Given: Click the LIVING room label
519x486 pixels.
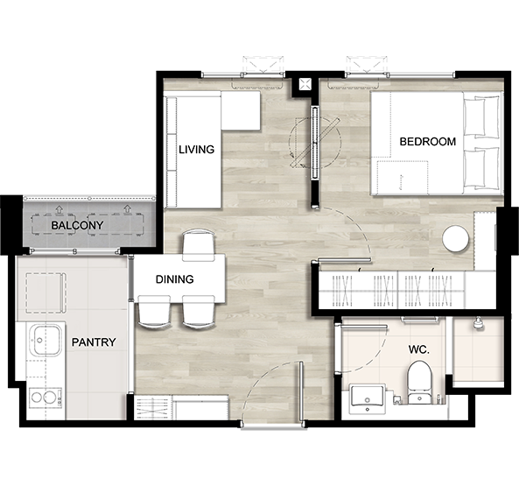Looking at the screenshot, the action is point(196,150).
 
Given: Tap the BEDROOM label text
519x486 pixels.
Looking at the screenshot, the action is point(428,142).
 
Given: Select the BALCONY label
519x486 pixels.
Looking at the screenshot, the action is point(77,225).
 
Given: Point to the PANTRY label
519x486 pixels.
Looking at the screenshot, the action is point(94,342).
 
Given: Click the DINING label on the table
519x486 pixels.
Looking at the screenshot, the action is point(174,279).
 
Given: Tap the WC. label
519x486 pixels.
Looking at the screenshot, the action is point(418,349).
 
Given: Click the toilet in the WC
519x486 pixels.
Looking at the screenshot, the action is point(419,382).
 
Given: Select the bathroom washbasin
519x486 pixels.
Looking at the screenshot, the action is point(367,398).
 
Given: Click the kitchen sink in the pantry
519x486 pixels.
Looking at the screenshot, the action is point(46,340).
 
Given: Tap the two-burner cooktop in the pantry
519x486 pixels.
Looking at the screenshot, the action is point(46,398).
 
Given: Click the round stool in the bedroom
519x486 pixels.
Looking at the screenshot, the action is point(456,239).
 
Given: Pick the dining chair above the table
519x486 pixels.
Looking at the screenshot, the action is point(199,246).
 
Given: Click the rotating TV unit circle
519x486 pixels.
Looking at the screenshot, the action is point(315,143).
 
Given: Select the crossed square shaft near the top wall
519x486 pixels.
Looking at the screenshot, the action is point(305,84).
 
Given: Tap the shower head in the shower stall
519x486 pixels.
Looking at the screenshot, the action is point(477,322).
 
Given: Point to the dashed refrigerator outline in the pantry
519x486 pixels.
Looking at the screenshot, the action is point(46,292).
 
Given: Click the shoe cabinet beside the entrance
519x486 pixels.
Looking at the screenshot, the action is point(181,407).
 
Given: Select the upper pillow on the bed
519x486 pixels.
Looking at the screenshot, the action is point(481,116).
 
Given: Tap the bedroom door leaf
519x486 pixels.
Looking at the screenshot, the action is point(344,261).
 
